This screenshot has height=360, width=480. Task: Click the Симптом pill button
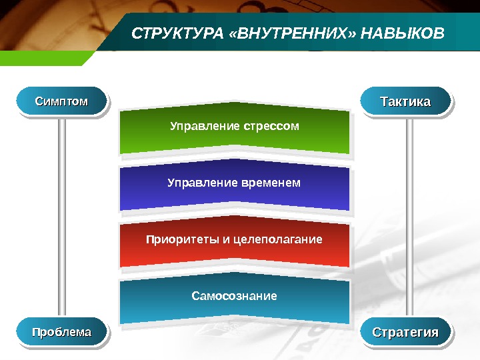[x=61, y=101]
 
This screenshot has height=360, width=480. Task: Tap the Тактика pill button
[x=405, y=101]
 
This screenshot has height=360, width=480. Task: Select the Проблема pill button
[x=61, y=332]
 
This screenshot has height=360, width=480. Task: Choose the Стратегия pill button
[x=405, y=332]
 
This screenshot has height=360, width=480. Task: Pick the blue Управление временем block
[x=234, y=187]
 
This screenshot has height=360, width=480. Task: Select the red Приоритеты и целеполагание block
[x=234, y=243]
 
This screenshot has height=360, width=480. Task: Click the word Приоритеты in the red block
[x=176, y=239]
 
